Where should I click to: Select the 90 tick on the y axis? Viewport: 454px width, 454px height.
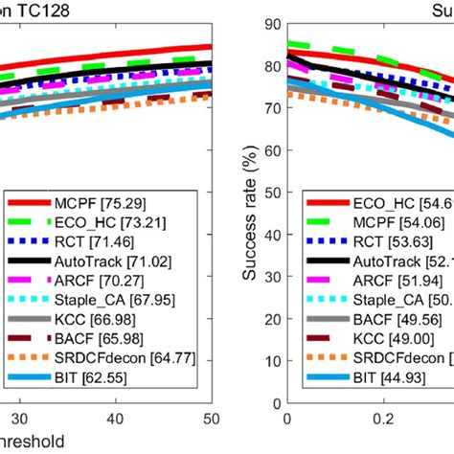click(x=271, y=25)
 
